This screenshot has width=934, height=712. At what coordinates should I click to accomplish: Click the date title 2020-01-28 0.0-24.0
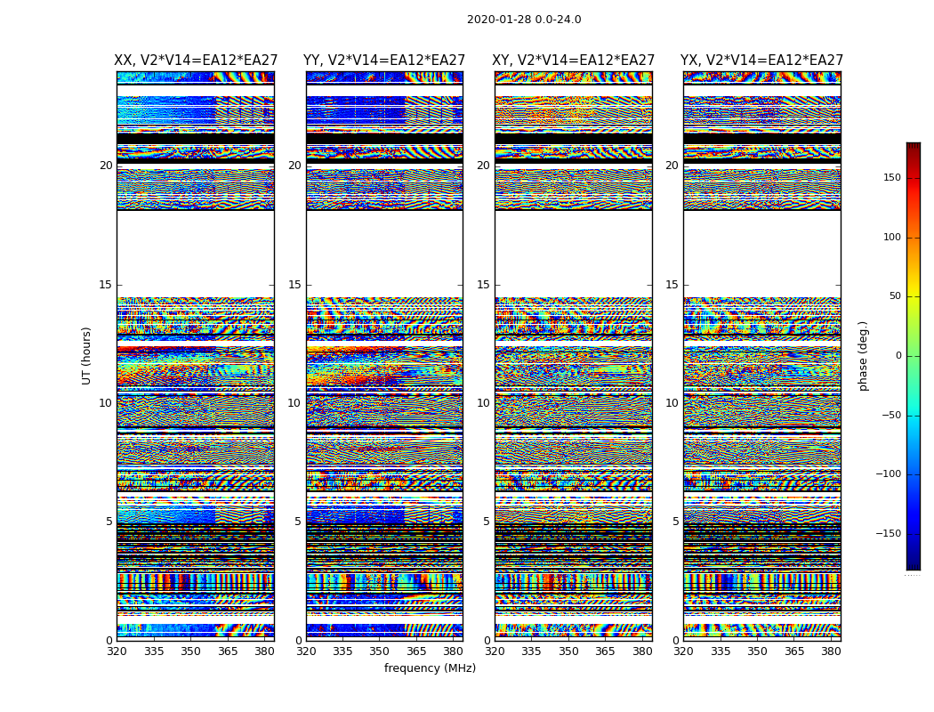click(x=524, y=20)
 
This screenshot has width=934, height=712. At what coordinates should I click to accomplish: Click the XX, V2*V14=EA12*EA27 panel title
click(x=196, y=61)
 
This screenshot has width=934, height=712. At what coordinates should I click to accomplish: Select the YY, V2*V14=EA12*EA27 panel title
click(x=384, y=61)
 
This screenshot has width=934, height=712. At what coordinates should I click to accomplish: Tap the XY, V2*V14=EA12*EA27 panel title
click(x=574, y=61)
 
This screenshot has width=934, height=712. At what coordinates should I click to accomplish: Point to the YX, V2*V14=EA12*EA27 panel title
click(x=762, y=61)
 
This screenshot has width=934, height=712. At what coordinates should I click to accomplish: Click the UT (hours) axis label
click(x=87, y=355)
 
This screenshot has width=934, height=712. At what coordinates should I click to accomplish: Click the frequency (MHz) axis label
click(x=430, y=668)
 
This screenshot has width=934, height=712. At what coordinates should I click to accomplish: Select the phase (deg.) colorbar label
click(x=864, y=355)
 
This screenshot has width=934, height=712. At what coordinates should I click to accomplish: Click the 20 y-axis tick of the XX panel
click(x=106, y=166)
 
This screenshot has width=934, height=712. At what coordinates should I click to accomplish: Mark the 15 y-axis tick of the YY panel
click(x=294, y=285)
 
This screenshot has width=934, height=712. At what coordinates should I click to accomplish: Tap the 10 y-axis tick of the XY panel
click(x=483, y=403)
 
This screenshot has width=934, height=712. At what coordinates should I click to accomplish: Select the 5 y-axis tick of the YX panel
click(x=675, y=522)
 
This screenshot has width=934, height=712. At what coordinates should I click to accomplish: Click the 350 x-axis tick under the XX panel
click(x=191, y=651)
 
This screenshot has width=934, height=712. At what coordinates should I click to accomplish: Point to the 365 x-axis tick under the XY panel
click(x=605, y=651)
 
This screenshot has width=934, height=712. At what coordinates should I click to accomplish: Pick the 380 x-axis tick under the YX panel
click(x=831, y=651)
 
